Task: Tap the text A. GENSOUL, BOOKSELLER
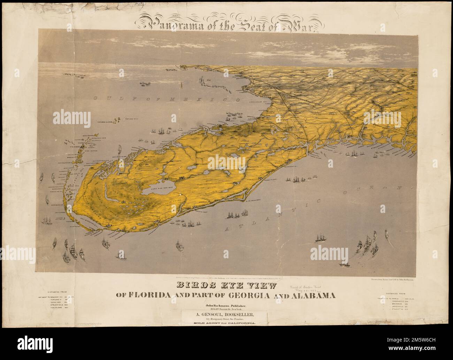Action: coord(226,316)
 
